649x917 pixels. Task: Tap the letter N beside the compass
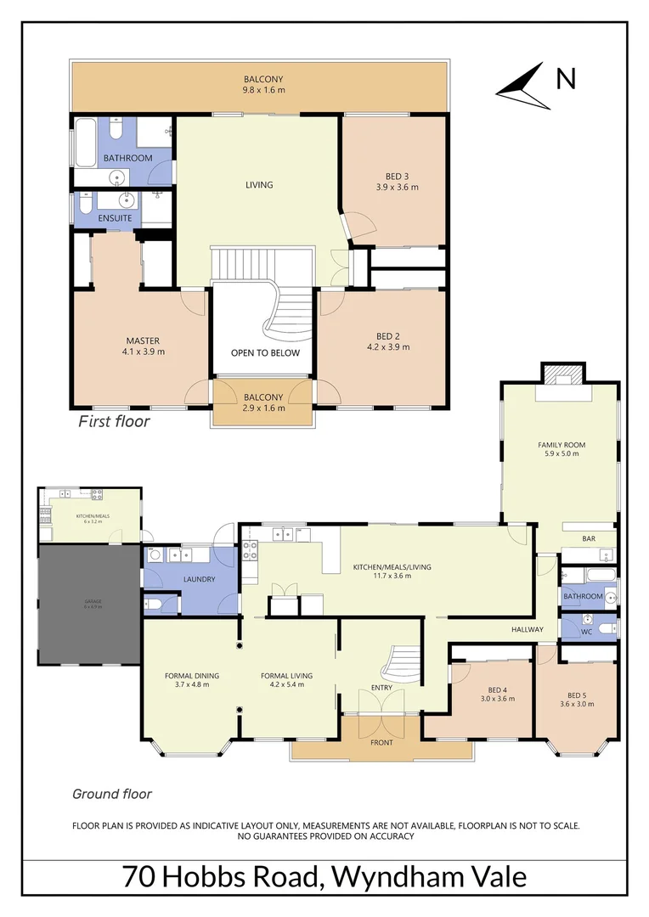(566, 79)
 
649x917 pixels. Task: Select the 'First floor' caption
(114, 421)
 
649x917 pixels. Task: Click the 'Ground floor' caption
(112, 794)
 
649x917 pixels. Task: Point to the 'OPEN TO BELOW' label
(265, 353)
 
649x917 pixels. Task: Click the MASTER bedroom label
(144, 341)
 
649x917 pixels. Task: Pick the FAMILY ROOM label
(561, 444)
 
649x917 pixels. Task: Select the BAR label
(588, 538)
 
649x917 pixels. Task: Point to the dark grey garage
(88, 605)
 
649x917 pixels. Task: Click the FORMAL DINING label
(191, 676)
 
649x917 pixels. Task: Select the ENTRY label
(381, 688)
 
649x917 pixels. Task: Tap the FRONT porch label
(381, 743)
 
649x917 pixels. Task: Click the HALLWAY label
(527, 629)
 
